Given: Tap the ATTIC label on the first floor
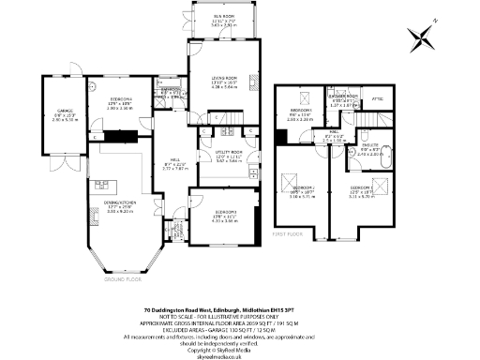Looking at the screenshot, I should pyautogui.click(x=378, y=99).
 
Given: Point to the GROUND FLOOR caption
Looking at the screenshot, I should pyautogui.click(x=120, y=278).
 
